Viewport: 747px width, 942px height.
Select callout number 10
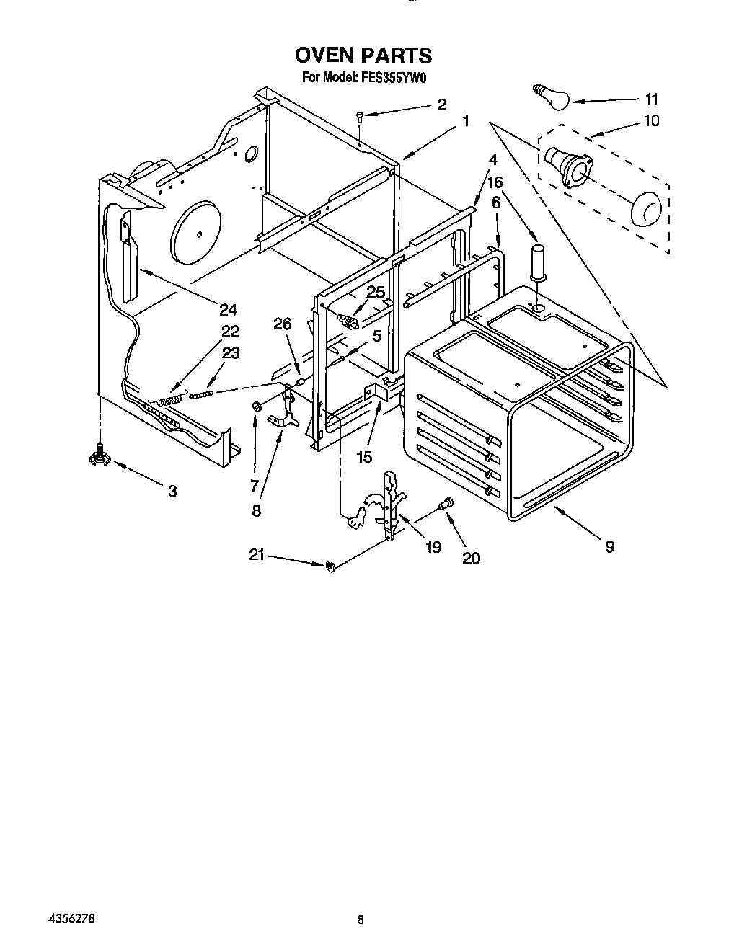[x=650, y=120]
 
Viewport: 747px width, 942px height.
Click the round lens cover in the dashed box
[x=645, y=208]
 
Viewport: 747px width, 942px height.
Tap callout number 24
[x=228, y=310]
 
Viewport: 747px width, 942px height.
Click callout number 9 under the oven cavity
[x=609, y=547]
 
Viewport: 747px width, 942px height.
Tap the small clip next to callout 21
[x=331, y=566]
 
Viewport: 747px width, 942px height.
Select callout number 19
[x=433, y=547]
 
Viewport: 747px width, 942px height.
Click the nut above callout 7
[x=256, y=408]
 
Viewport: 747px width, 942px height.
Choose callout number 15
[x=364, y=456]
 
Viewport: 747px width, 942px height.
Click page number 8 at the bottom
[x=361, y=920]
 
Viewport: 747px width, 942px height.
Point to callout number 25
[x=376, y=292]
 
